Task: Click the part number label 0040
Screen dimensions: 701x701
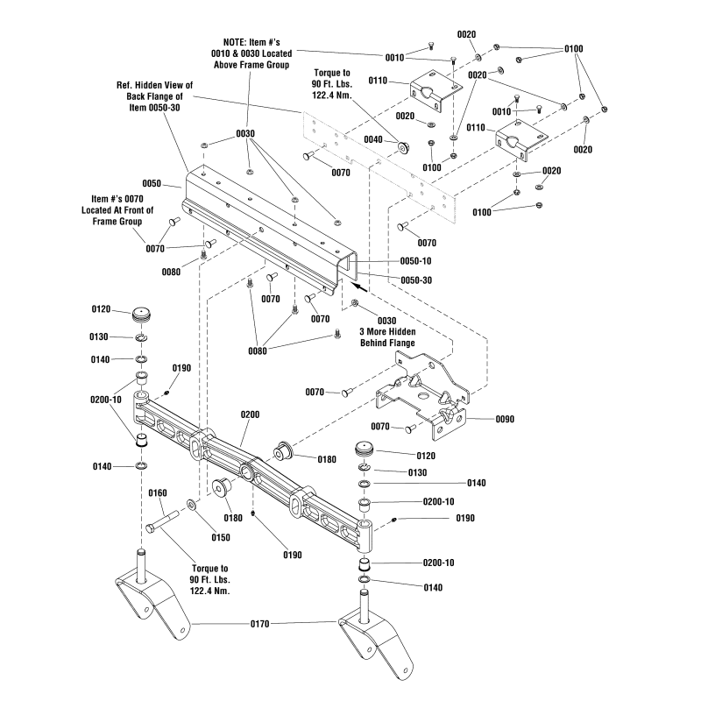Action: (373, 140)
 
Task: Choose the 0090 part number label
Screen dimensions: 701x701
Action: (505, 419)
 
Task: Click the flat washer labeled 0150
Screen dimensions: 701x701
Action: (191, 505)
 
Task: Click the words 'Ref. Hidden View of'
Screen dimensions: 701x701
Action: (154, 85)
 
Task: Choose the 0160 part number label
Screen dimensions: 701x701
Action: (157, 492)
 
